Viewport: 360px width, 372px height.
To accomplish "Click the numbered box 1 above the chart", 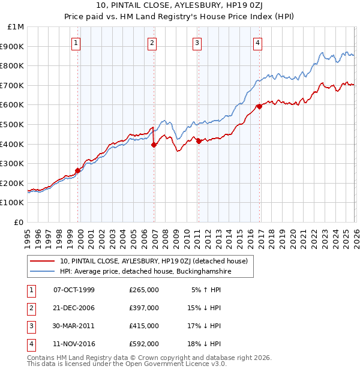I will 77,43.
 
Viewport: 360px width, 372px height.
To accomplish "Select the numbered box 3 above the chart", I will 197,43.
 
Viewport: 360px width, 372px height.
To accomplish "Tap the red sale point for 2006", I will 154,144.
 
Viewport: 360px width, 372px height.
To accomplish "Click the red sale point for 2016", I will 259,106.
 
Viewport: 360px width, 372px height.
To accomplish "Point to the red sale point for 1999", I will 78,170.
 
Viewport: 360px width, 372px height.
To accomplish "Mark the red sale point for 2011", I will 199,141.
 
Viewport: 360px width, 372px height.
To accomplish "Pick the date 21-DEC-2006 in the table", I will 74,308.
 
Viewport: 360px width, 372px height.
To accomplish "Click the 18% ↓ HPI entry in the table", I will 204,344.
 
